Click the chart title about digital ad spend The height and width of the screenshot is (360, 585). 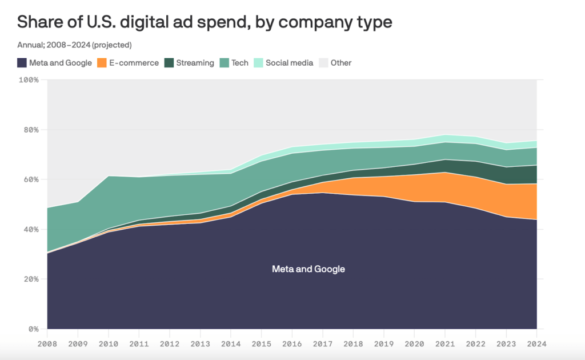point(205,22)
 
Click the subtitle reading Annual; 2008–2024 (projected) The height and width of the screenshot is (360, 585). point(74,45)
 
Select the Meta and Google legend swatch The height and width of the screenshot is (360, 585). point(22,63)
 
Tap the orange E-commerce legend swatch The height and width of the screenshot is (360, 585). point(102,63)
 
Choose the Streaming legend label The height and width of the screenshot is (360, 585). point(195,63)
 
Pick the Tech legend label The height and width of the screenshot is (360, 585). point(240,63)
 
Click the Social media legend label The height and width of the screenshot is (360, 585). point(289,63)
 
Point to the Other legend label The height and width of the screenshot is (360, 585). point(341,63)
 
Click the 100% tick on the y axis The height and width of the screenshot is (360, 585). point(29,80)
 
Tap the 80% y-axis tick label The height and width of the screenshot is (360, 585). point(30,130)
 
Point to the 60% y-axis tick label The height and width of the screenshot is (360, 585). point(30,179)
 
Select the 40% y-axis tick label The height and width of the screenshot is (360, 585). point(30,229)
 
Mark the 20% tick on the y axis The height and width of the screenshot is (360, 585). point(30,279)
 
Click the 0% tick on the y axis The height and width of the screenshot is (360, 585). point(33,329)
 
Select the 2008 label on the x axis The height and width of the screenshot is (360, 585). point(47,344)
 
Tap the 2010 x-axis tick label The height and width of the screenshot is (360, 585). point(109,344)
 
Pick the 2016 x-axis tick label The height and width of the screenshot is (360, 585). point(292,344)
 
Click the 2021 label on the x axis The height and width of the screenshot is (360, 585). point(445,344)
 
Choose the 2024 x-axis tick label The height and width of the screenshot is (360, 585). point(536,344)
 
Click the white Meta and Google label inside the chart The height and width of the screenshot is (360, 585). point(308,269)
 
